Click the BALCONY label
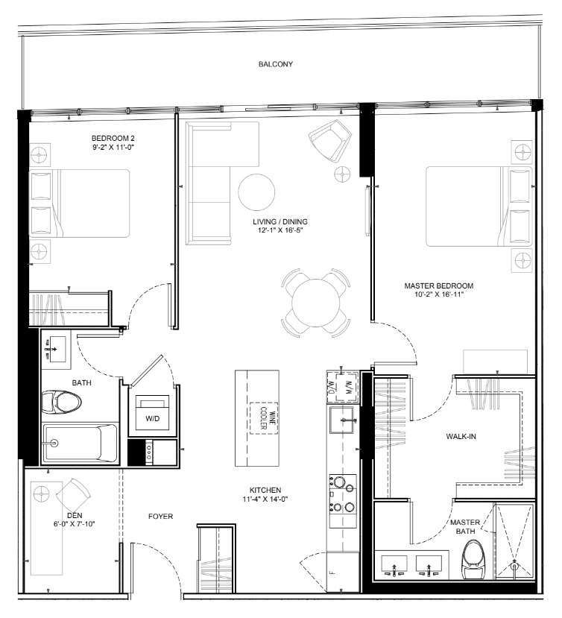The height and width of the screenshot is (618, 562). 276,65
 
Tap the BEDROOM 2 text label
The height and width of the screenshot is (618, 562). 113,138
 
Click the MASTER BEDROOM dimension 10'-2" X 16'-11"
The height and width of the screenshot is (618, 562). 438,295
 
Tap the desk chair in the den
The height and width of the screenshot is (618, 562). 74,493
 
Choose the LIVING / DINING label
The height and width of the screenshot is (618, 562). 279,221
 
